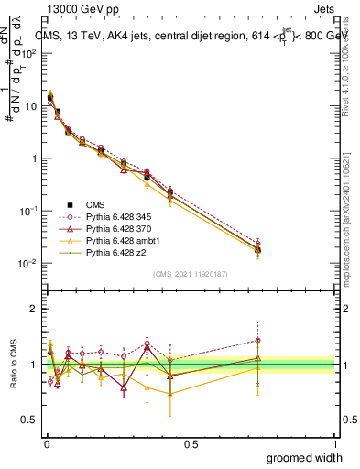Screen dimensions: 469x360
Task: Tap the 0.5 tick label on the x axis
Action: pos(191,444)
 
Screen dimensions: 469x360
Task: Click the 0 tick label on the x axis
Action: pos(45,444)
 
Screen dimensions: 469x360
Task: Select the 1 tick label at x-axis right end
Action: pos(335,444)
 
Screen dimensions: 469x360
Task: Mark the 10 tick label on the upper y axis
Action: pos(34,106)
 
